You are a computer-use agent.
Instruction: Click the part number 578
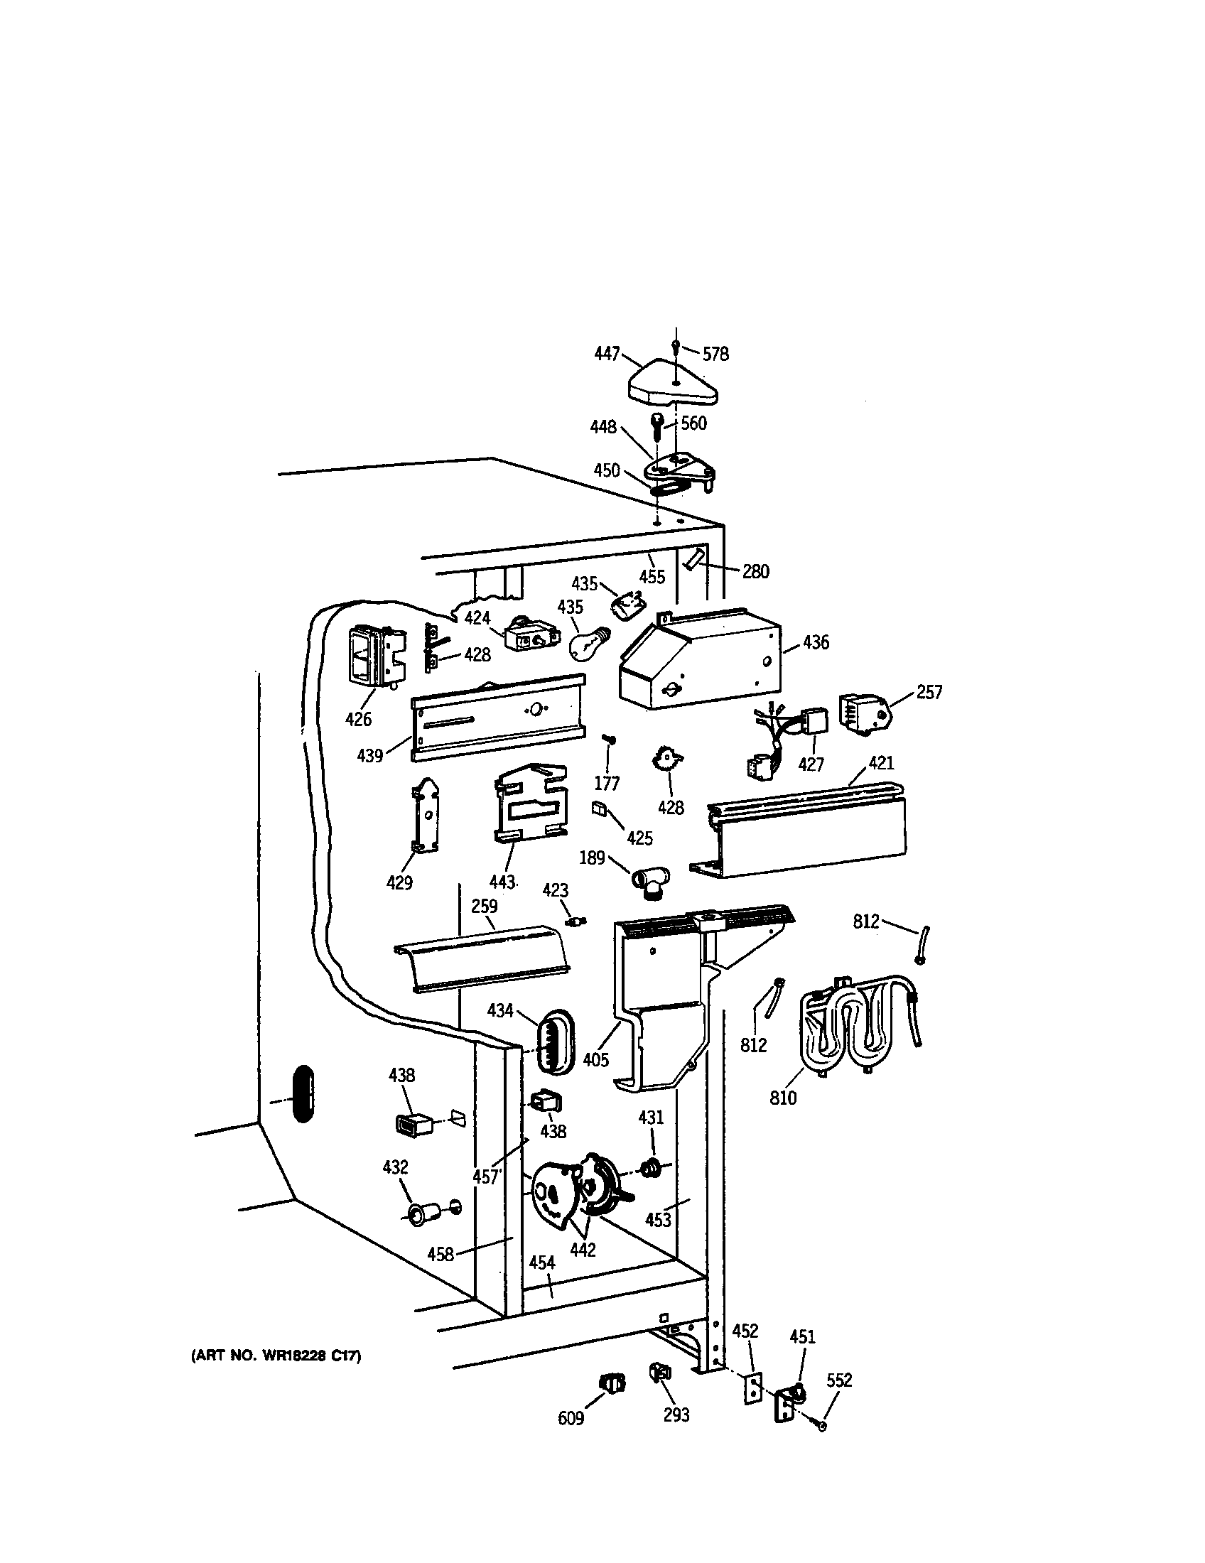715,355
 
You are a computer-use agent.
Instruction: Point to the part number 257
929,692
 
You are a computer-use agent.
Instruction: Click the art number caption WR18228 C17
276,1356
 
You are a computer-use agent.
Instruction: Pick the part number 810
783,1097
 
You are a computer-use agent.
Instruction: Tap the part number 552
839,1380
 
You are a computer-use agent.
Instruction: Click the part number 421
882,762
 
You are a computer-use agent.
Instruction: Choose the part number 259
484,906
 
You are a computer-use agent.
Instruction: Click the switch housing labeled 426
374,654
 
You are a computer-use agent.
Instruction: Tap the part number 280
756,571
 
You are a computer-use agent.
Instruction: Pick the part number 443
502,882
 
